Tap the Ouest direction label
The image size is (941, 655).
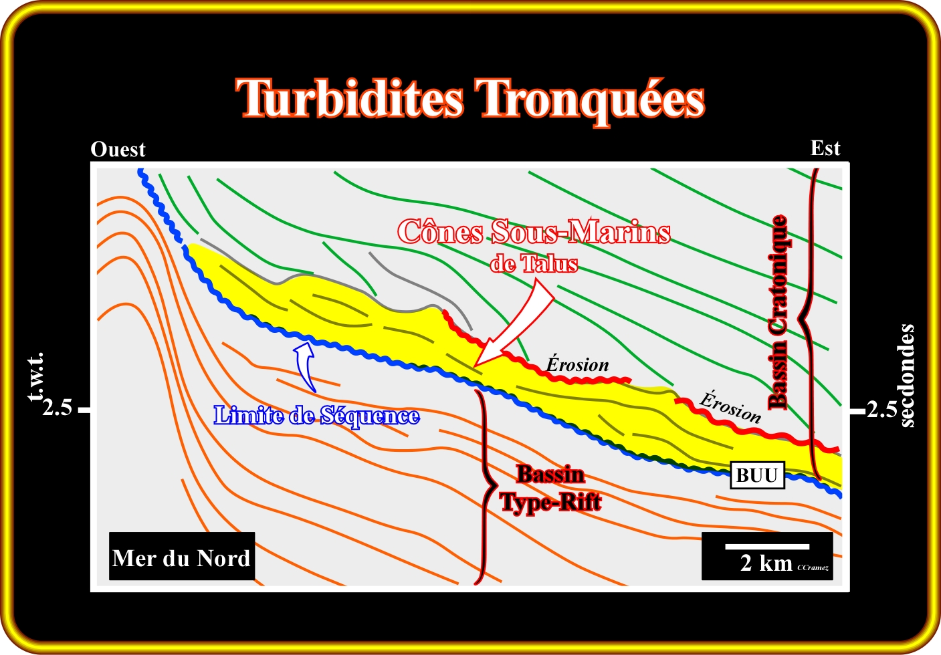click(118, 150)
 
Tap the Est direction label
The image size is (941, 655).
click(825, 148)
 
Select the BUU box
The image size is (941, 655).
click(758, 475)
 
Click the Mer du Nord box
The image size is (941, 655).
click(182, 556)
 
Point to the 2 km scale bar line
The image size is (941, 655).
click(767, 547)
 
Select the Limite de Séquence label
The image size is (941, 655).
click(317, 416)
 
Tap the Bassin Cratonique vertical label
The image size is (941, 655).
click(777, 312)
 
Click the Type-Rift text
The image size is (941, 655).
click(551, 502)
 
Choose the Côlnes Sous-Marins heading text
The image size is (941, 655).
click(534, 231)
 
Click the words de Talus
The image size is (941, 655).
click(534, 264)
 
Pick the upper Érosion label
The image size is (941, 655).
click(577, 364)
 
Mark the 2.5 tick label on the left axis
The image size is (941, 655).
click(57, 408)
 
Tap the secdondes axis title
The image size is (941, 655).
click(908, 376)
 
